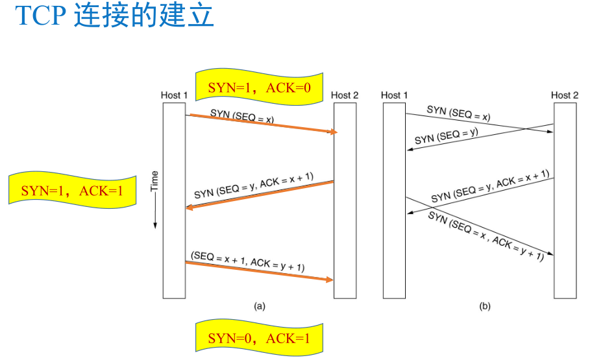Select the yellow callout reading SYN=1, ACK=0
(x=259, y=86)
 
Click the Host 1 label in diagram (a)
(x=174, y=95)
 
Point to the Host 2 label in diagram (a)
(x=345, y=95)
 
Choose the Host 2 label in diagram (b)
(x=565, y=95)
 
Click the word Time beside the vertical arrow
(x=154, y=182)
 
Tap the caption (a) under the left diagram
(x=260, y=305)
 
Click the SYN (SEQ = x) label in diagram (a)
(x=242, y=115)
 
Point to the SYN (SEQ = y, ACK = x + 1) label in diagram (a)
(x=254, y=187)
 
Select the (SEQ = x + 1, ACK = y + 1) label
(x=248, y=261)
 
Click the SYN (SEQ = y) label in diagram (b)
(x=446, y=135)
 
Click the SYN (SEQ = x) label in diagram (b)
(x=458, y=114)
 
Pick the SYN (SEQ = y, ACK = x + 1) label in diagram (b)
(x=490, y=186)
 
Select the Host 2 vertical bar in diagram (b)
(x=565, y=200)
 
